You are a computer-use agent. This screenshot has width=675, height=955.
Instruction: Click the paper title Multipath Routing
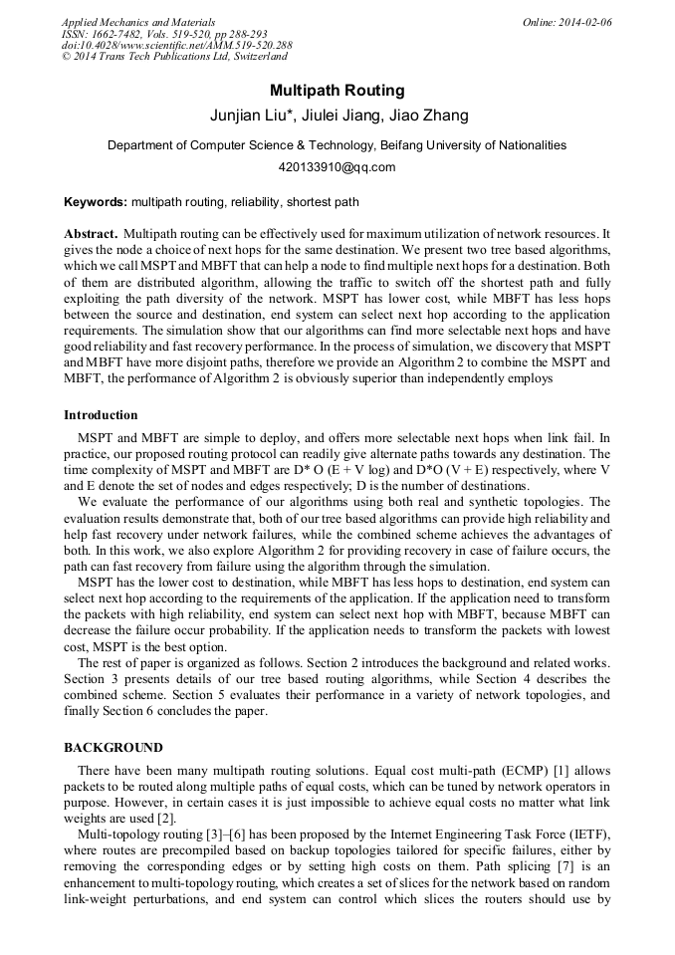point(337,91)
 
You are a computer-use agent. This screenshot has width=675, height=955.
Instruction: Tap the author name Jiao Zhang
point(429,116)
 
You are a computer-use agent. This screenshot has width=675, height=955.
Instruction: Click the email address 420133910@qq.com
point(337,167)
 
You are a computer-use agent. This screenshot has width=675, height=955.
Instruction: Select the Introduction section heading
point(101,415)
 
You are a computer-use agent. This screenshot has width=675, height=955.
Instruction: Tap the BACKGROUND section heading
point(113,747)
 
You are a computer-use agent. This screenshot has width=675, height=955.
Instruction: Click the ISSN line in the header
point(163,34)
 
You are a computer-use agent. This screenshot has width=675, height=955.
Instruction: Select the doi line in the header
point(176,46)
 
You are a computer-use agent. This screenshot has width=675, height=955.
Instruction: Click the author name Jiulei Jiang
point(339,116)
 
